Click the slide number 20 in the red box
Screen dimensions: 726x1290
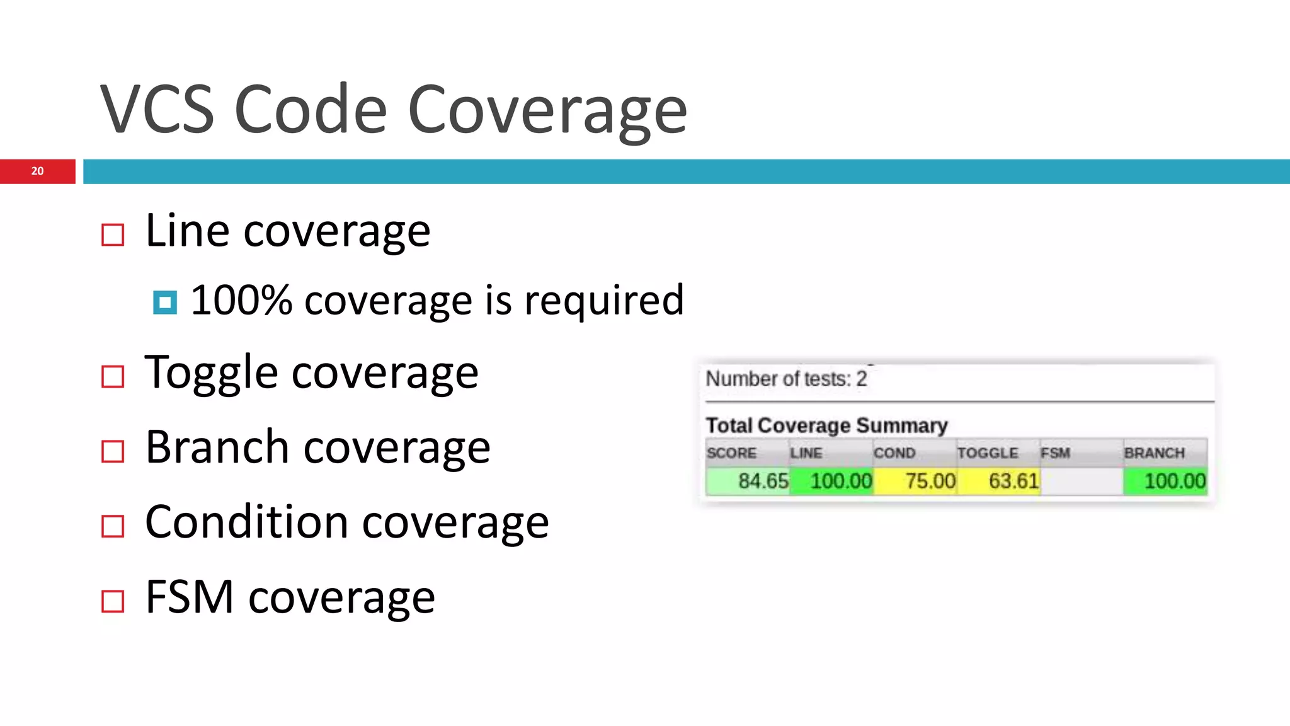pyautogui.click(x=37, y=171)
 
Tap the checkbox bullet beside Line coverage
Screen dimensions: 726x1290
pyautogui.click(x=113, y=235)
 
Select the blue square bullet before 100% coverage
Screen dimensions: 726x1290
pyautogui.click(x=165, y=302)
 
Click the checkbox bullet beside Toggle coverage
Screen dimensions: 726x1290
pyautogui.click(x=113, y=377)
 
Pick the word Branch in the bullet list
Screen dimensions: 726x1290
pyautogui.click(x=217, y=447)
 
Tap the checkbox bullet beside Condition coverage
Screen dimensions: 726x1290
pyautogui.click(x=113, y=526)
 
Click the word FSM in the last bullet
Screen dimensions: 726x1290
pyautogui.click(x=189, y=597)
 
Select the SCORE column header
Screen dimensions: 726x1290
pyautogui.click(x=732, y=453)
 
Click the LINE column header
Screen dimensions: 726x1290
pyautogui.click(x=806, y=453)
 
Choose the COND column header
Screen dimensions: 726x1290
pyautogui.click(x=894, y=453)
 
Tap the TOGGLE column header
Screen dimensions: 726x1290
pyautogui.click(x=988, y=453)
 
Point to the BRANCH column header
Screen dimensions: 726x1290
pyautogui.click(x=1154, y=453)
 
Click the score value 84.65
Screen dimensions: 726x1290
pyautogui.click(x=763, y=481)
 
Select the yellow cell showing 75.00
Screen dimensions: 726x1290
pyautogui.click(x=930, y=481)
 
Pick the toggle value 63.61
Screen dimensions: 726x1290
pyautogui.click(x=1013, y=481)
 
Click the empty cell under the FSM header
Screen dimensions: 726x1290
pyautogui.click(x=1082, y=481)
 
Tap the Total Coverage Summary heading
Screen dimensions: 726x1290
pyautogui.click(x=826, y=425)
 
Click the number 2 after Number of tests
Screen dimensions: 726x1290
pyautogui.click(x=861, y=379)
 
